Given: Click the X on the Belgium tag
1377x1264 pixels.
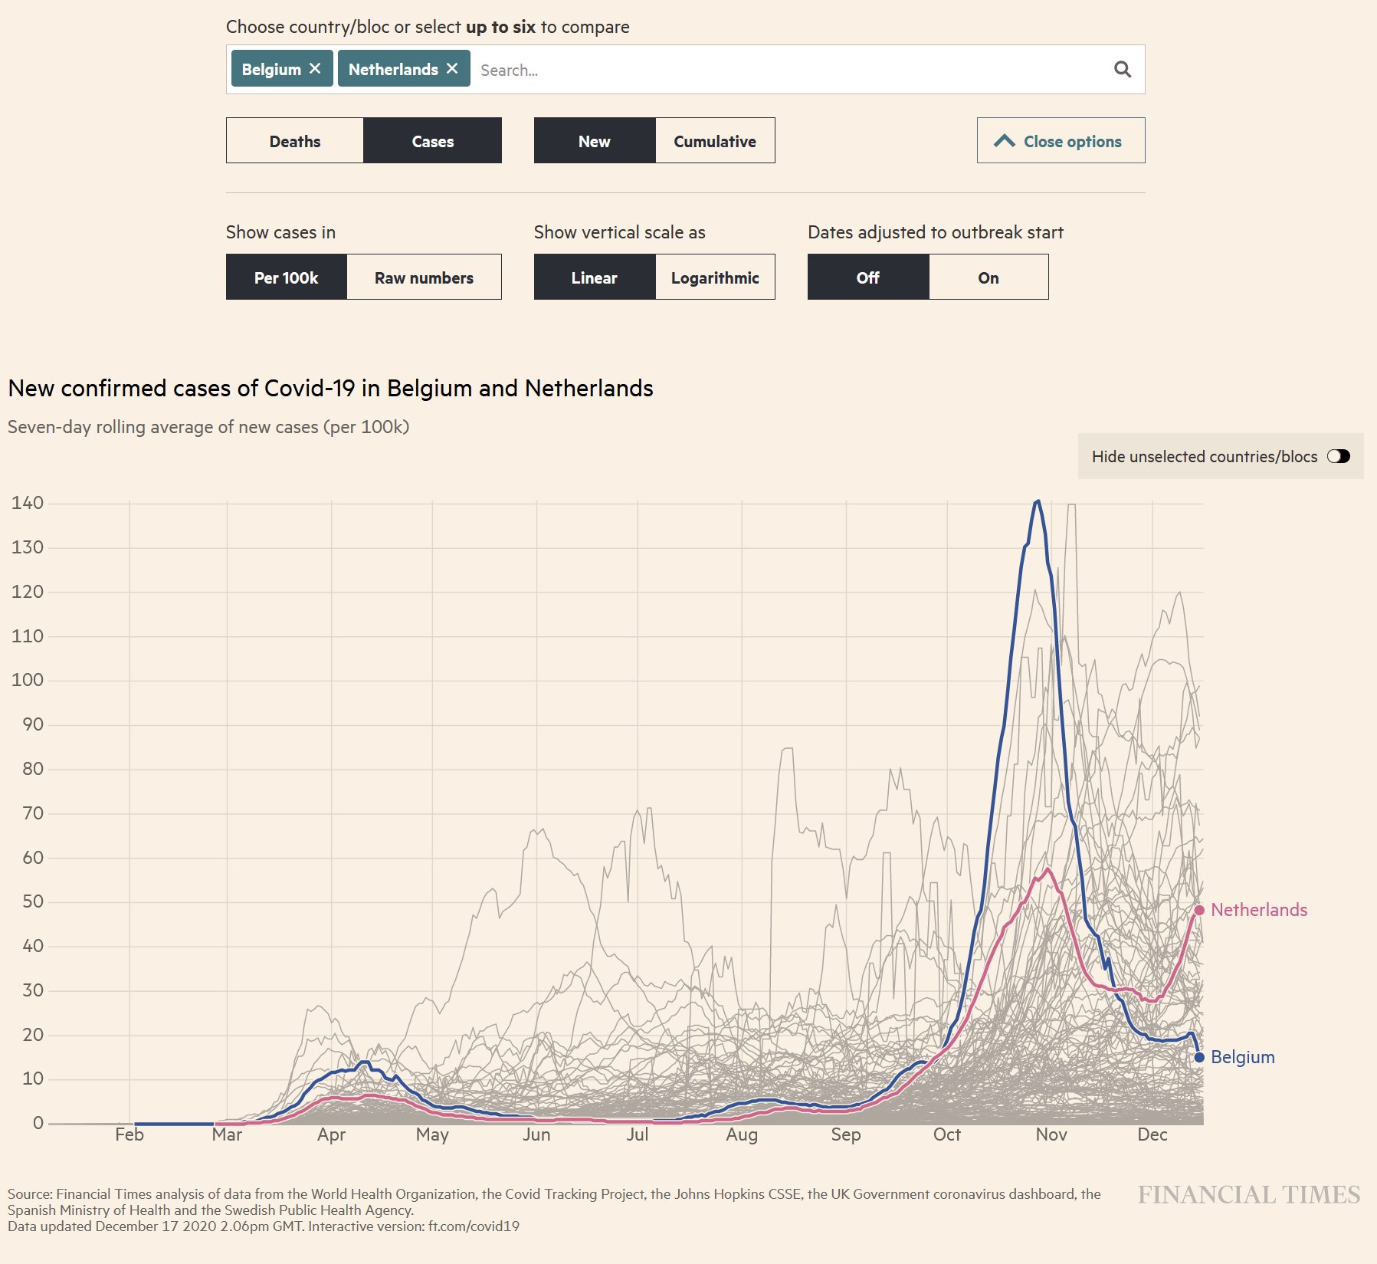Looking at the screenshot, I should point(315,69).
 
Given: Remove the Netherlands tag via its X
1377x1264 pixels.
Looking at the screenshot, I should point(452,69).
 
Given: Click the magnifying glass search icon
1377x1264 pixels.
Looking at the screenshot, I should point(1122,70).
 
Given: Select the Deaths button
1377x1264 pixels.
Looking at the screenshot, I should point(295,141).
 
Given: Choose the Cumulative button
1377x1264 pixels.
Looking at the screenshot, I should point(714,141).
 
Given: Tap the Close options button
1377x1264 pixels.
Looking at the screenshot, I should point(1061,141).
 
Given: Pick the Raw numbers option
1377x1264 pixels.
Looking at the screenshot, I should point(424,277).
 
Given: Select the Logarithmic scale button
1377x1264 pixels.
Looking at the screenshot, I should point(714,277).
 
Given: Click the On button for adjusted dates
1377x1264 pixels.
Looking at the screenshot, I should point(988,277).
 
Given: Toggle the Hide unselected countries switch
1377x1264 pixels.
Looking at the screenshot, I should point(1338,457).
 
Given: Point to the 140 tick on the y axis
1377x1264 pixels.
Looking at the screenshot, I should point(28,503).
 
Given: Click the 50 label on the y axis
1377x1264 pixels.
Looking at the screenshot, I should point(33,901).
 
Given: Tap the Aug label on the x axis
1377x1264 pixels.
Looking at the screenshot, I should point(741,1134).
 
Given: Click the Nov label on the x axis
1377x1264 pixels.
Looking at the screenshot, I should point(1051,1134).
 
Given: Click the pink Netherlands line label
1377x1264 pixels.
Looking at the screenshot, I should point(1258,910).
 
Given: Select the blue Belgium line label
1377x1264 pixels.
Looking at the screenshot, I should point(1242,1057).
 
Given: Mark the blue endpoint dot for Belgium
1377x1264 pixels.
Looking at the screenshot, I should point(1199,1058).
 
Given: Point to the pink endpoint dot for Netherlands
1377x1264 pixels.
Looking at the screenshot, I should point(1199,910).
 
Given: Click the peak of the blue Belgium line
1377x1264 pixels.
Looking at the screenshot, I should point(1038,501).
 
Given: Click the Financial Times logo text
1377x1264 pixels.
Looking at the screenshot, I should point(1248,1194).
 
